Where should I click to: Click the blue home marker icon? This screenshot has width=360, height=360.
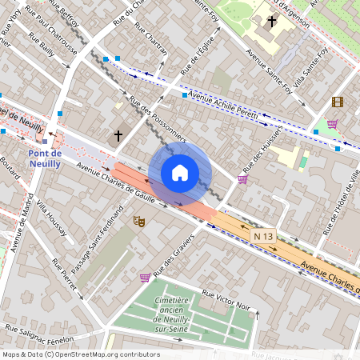tap(180, 173)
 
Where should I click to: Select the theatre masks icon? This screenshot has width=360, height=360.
tap(138, 221)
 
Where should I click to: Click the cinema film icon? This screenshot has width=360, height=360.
tap(337, 102)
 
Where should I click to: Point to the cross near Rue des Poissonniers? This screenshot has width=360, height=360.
tap(118, 136)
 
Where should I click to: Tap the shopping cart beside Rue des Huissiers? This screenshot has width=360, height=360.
tap(242, 178)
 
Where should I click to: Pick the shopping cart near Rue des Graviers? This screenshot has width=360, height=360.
tap(145, 278)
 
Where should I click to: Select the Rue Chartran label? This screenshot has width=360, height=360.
tap(151, 38)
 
